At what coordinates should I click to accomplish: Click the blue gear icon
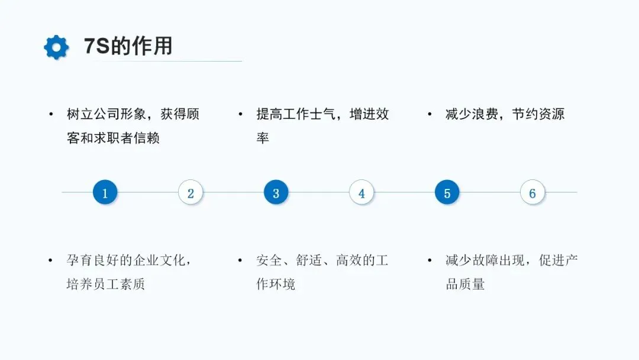point(56,47)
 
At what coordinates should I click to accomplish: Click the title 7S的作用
point(128,46)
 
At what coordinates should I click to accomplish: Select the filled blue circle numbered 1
point(105,193)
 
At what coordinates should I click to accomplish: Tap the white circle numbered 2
point(191,193)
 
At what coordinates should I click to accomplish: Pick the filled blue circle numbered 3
point(276,193)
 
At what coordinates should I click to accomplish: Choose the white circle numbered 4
point(362,193)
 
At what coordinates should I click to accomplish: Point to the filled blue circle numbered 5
point(447,193)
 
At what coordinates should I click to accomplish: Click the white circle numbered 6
point(532,193)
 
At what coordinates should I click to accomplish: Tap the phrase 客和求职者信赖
point(113,139)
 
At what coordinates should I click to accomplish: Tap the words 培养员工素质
point(106,284)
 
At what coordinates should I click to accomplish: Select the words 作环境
point(276,284)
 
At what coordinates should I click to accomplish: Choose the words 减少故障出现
point(485,261)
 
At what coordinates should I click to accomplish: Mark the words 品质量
point(465,284)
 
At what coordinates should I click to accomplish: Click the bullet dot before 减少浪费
point(430,114)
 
